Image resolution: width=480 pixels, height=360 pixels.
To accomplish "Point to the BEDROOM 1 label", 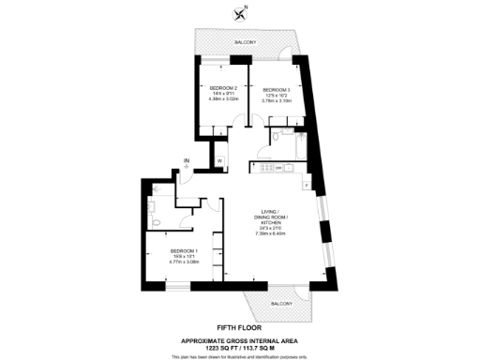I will coord(183,251).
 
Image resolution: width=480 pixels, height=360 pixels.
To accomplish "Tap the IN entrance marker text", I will coord(187,161).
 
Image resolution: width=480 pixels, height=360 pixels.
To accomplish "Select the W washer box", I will coord(219,160).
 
